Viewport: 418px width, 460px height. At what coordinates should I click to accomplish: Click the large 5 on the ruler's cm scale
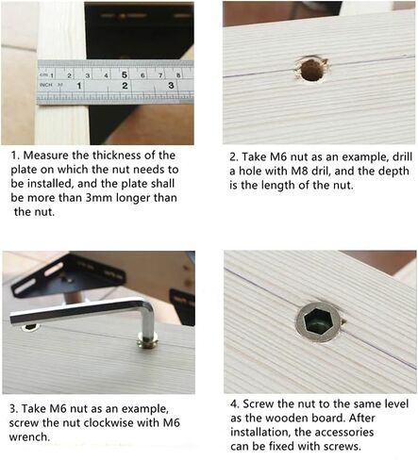pyautogui.click(x=124, y=69)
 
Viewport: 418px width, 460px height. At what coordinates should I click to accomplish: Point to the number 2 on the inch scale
pyautogui.click(x=125, y=85)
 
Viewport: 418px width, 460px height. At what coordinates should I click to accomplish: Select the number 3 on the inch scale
pyautogui.click(x=170, y=85)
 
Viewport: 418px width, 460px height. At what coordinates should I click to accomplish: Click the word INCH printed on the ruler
pyautogui.click(x=45, y=85)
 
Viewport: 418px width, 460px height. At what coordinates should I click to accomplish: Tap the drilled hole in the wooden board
pyautogui.click(x=310, y=68)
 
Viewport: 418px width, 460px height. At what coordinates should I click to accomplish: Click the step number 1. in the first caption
pyautogui.click(x=16, y=155)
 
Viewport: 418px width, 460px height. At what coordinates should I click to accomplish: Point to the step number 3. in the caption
pyautogui.click(x=16, y=408)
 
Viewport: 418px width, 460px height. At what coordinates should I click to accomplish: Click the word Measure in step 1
pyautogui.click(x=50, y=155)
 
